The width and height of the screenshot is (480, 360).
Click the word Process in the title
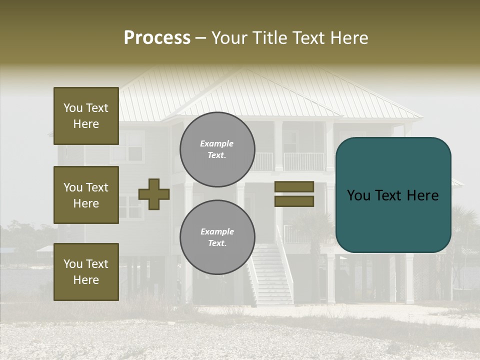pos(157,38)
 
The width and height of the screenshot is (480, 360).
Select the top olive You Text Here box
pos(86,116)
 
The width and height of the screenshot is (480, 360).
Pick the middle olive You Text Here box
pos(86,195)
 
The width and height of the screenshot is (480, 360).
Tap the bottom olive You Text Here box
pos(86,271)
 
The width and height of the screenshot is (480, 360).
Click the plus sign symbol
pos(154,194)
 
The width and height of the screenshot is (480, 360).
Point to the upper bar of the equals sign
pos(294,186)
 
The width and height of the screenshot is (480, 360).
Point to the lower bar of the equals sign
pos(294,201)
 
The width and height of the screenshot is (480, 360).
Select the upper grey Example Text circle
pos(217,149)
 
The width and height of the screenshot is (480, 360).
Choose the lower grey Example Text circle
pos(217,237)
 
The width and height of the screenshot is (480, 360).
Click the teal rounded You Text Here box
pos(393,195)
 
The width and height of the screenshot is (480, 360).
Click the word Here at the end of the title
pos(348,38)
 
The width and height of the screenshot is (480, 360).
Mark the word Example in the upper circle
pos(217,143)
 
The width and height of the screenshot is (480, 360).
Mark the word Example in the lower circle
pos(217,231)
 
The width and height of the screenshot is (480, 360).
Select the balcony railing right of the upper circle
pos(303,161)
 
